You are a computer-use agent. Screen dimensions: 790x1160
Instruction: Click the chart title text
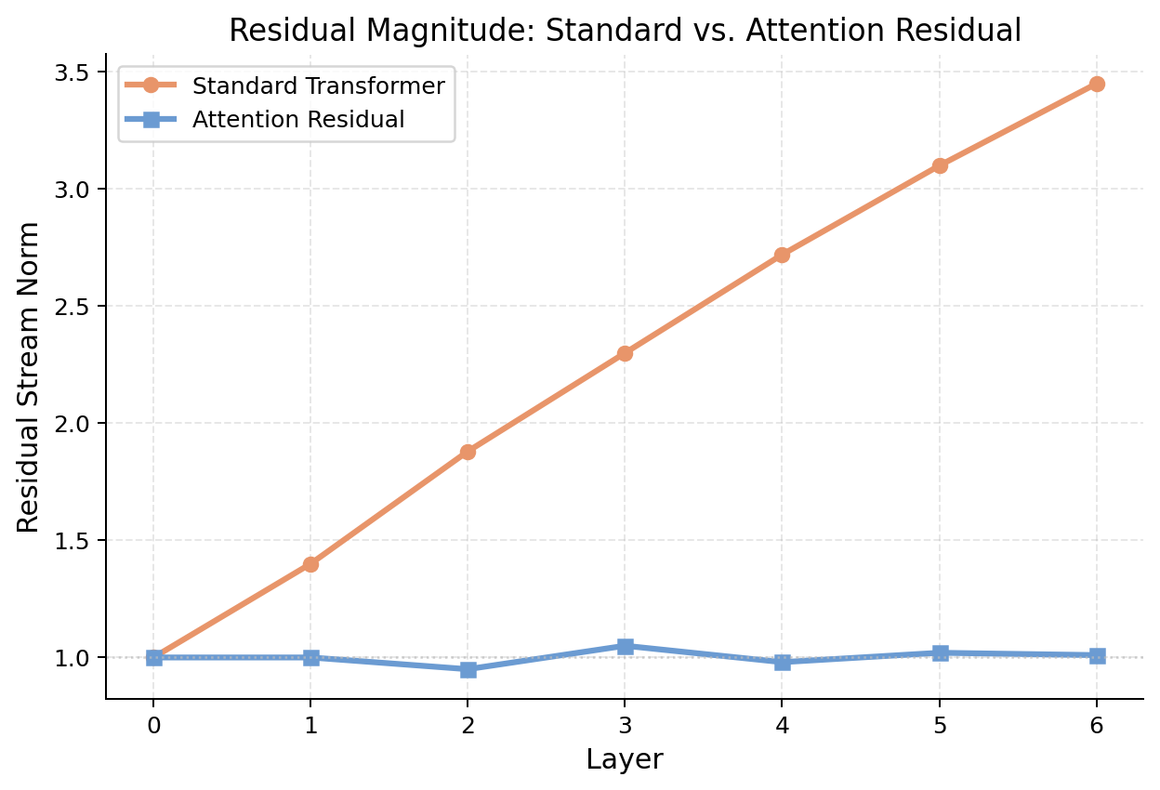[x=625, y=31]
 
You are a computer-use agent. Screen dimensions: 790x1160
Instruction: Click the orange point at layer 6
[x=1097, y=84]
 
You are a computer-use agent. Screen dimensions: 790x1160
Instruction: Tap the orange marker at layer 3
[x=625, y=353]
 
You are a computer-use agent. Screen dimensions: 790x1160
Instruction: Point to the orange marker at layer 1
[x=310, y=564]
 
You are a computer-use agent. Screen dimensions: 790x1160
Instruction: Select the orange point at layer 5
[x=940, y=165]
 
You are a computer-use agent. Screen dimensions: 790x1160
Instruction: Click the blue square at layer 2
[x=468, y=669]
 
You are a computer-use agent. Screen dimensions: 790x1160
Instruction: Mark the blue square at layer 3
[x=625, y=646]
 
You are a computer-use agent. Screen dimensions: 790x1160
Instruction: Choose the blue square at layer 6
[x=1097, y=655]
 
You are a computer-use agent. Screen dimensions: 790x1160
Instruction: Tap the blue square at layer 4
[x=782, y=662]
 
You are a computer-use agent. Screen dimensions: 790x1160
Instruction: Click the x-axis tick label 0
[x=154, y=725]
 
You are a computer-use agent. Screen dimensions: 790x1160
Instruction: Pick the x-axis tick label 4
[x=782, y=725]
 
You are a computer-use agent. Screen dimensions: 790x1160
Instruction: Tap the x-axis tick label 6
[x=1097, y=725]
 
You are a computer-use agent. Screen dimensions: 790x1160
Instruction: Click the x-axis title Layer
[x=625, y=759]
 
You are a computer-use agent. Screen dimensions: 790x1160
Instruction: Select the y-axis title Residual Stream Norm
[x=29, y=376]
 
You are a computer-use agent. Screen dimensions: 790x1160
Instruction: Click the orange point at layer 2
[x=468, y=452]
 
